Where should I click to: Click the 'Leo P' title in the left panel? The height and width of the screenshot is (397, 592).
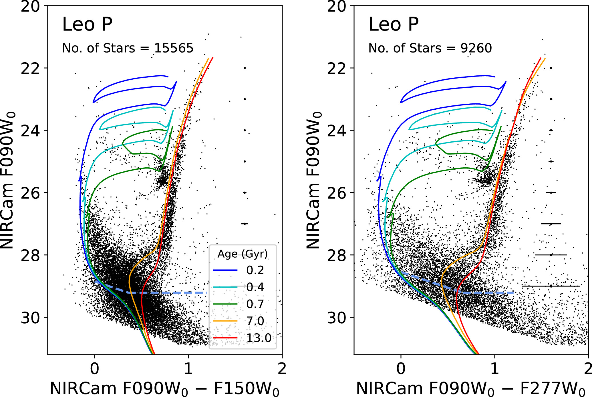pos(87,25)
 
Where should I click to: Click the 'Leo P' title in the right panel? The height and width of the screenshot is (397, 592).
pos(394,25)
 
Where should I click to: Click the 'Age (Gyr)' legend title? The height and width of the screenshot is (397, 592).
pos(243,254)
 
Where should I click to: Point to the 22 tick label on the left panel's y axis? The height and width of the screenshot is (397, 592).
pos(30,68)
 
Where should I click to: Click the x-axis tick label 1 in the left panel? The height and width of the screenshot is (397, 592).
pos(188,369)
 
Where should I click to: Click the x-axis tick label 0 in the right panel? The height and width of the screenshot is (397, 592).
pos(401,369)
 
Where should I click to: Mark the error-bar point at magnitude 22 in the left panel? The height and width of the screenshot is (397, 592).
pos(245,68)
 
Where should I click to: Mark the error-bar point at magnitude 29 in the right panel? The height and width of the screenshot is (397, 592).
pos(551,286)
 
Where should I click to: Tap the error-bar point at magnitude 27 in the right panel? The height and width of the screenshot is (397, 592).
pos(551,224)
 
